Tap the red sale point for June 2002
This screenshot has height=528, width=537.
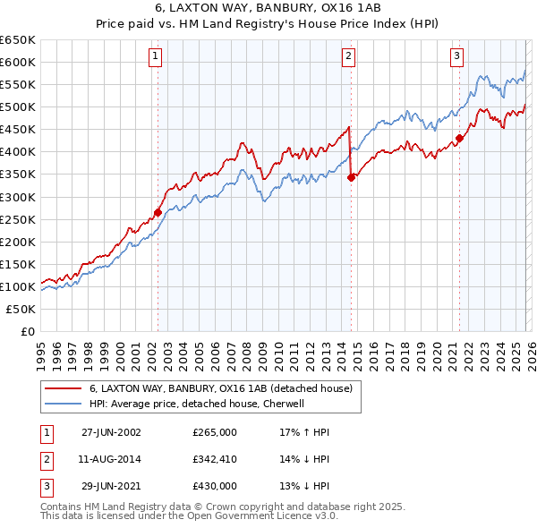click(x=158, y=212)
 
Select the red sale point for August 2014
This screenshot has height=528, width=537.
click(x=351, y=177)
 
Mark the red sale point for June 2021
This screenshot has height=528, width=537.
click(x=460, y=138)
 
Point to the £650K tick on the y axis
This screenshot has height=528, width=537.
click(x=18, y=40)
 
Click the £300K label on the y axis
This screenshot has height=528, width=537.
click(x=18, y=197)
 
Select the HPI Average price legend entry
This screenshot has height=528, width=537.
click(x=197, y=404)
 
